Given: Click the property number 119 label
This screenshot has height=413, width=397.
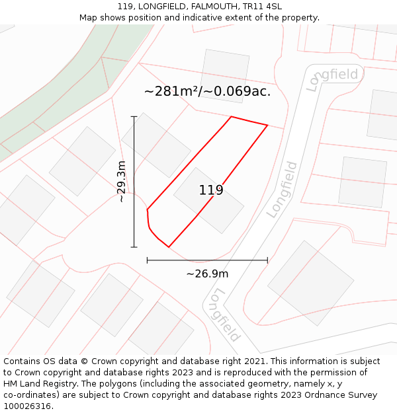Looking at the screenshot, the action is pyautogui.click(x=211, y=190).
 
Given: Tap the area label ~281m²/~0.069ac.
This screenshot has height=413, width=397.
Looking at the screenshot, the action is pyautogui.click(x=207, y=91).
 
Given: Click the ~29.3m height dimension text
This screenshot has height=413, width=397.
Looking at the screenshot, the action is pyautogui.click(x=121, y=182).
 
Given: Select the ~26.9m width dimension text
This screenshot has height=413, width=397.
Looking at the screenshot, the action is pyautogui.click(x=207, y=274).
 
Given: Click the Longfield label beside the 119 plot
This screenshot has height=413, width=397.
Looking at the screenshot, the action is pyautogui.click(x=283, y=190).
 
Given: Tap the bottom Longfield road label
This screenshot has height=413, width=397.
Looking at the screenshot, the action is pyautogui.click(x=223, y=315).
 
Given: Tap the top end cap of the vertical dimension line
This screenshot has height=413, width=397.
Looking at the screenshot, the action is pyautogui.click(x=134, y=116).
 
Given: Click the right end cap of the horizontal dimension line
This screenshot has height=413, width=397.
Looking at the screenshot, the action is pyautogui.click(x=267, y=260).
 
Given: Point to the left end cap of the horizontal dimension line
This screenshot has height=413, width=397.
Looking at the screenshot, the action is pyautogui.click(x=147, y=260).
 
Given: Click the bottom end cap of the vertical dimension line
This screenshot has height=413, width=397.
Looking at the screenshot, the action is pyautogui.click(x=134, y=247).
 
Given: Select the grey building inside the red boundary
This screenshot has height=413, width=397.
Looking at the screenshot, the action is pyautogui.click(x=208, y=200).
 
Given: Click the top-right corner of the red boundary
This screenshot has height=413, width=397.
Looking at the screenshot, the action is pyautogui.click(x=267, y=125).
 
